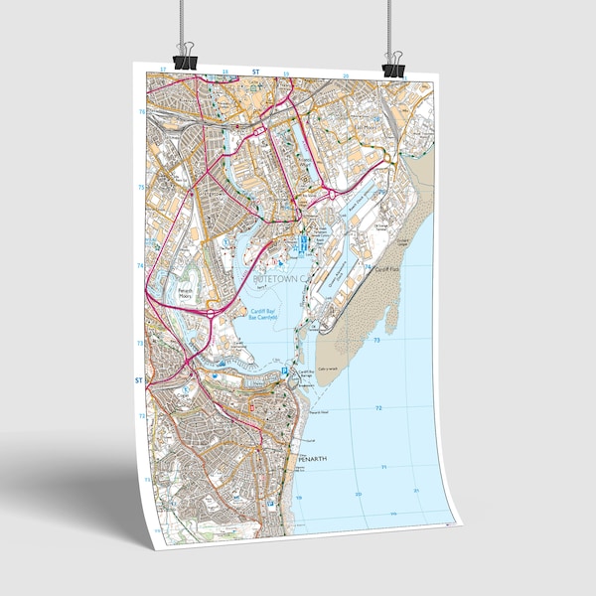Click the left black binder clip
click(x=186, y=58)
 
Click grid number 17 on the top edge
click(x=163, y=71)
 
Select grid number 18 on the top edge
click(x=225, y=72)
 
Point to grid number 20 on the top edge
click(x=346, y=75)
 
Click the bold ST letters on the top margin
click(x=255, y=72)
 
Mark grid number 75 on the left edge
click(x=140, y=187)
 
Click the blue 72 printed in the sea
click(x=378, y=408)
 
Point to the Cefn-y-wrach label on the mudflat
click(x=356, y=369)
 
